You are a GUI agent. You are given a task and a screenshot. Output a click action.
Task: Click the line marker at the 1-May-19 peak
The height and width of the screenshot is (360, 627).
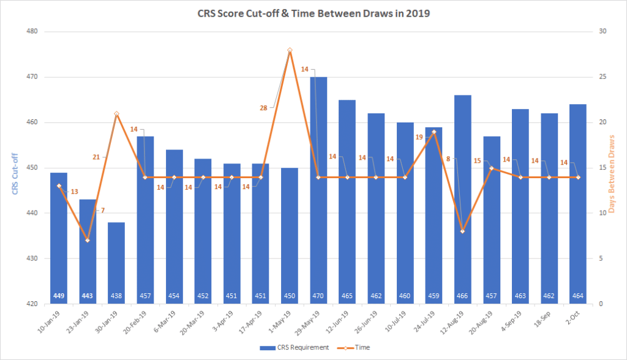click(x=290, y=50)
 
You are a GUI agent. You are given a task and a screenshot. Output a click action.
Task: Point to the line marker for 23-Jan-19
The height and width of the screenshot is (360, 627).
click(x=87, y=240)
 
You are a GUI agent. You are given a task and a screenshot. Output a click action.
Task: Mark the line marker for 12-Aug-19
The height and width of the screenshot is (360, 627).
click(x=463, y=231)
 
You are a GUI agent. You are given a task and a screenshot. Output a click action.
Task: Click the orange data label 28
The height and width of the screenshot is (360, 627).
click(x=263, y=108)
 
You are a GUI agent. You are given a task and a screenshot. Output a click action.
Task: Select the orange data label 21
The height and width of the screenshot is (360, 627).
click(x=96, y=157)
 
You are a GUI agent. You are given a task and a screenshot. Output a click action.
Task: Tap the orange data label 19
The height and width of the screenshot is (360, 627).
click(x=419, y=137)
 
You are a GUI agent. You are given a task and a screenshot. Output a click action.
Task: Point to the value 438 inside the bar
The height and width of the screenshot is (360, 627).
click(x=116, y=296)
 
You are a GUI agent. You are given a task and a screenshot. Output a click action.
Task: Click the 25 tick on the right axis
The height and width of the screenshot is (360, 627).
click(x=603, y=77)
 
